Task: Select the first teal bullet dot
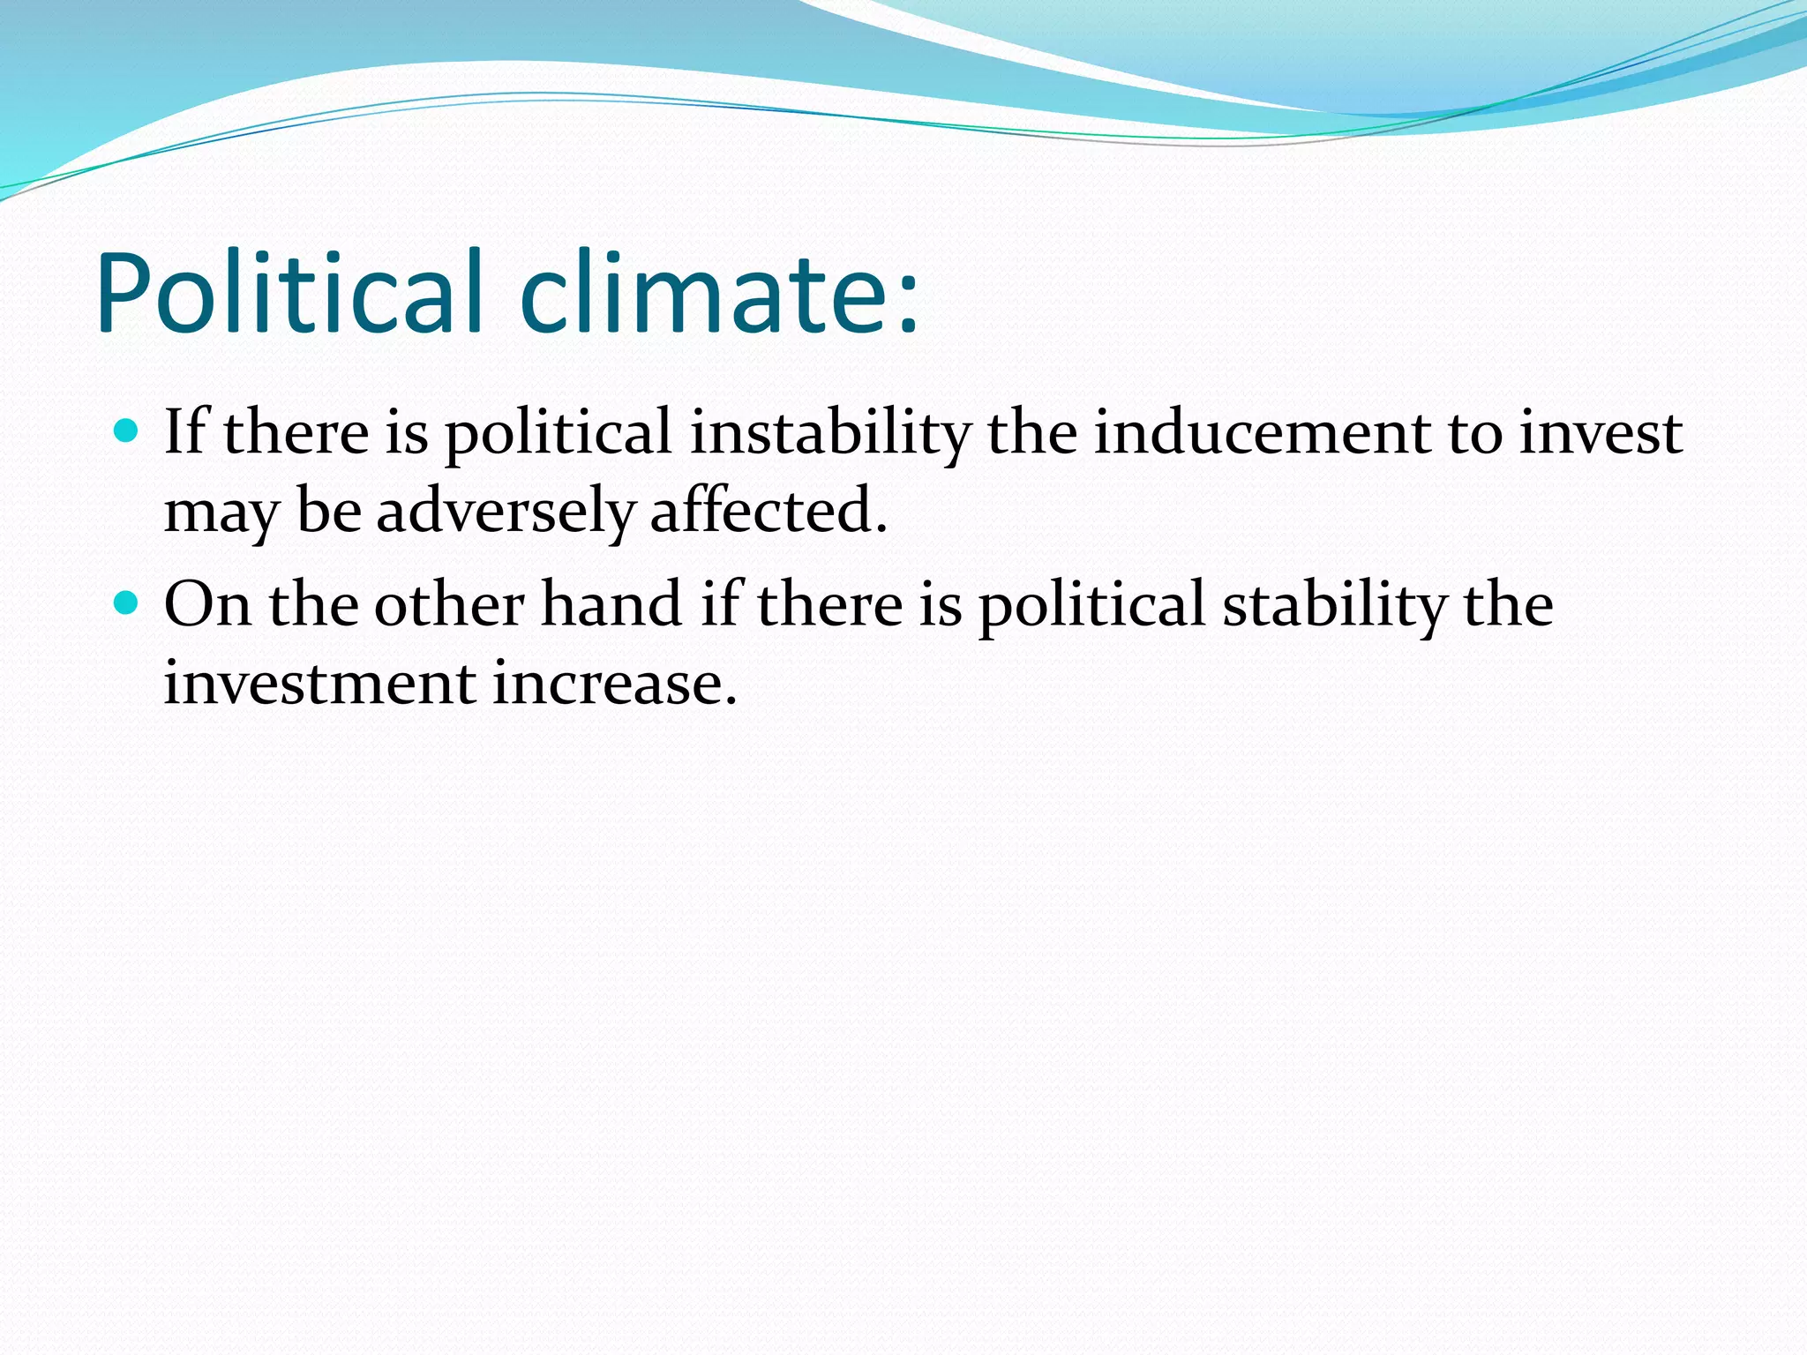coord(127,431)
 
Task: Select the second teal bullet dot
coord(127,603)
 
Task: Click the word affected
coord(768,512)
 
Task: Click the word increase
coord(613,685)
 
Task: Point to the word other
coord(449,605)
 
